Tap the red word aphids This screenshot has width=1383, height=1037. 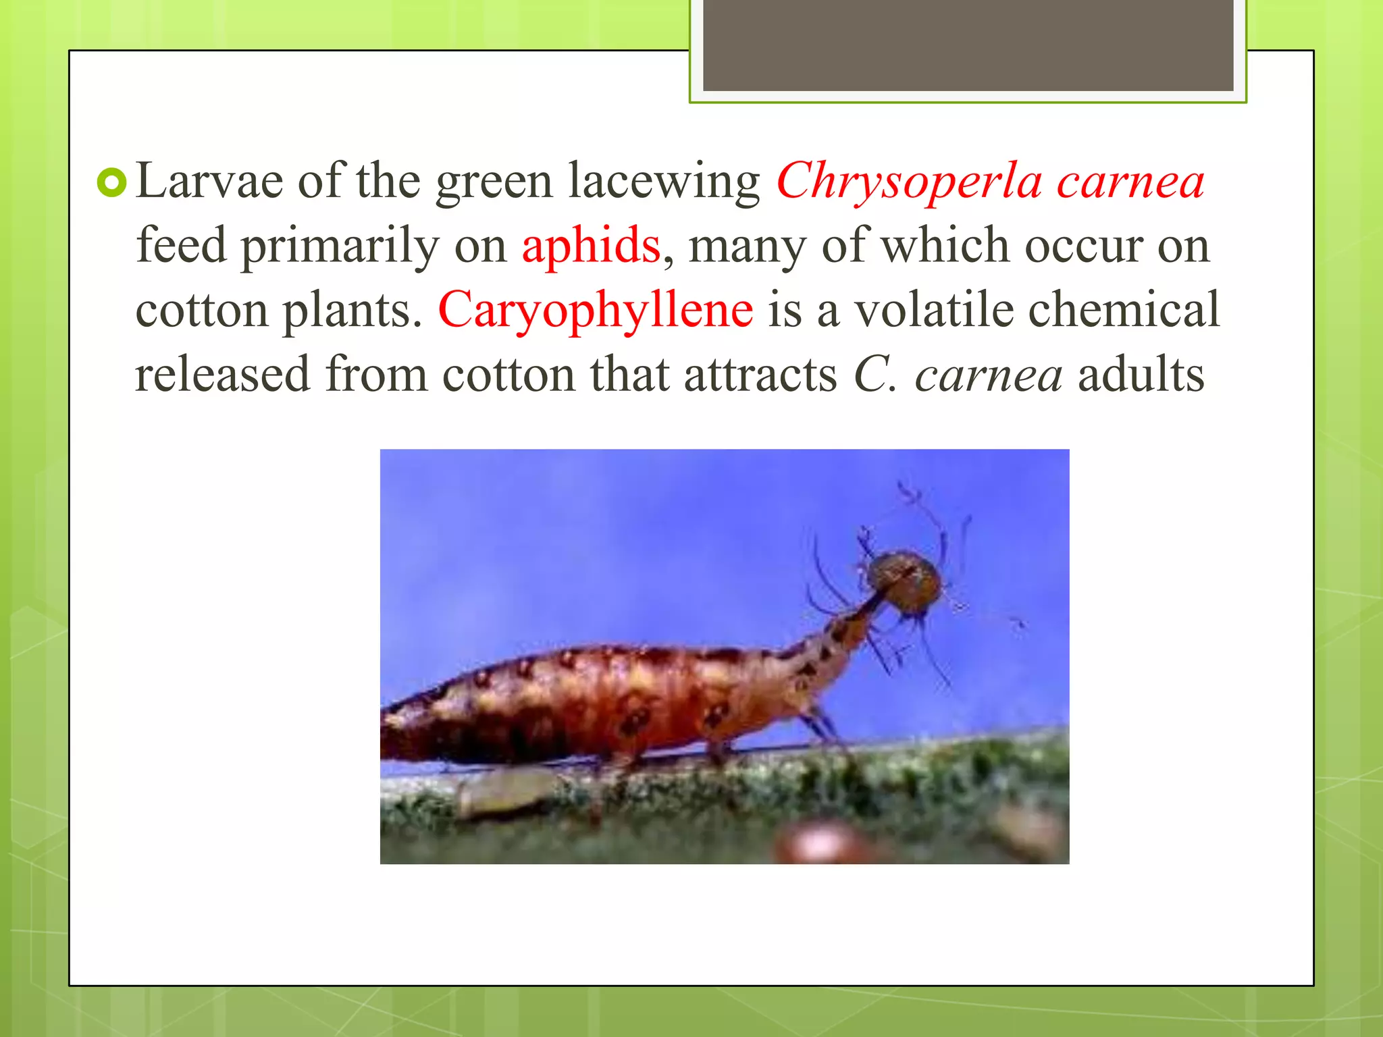tap(591, 246)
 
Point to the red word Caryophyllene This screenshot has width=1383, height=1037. tap(596, 311)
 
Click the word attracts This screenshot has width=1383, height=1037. tap(760, 374)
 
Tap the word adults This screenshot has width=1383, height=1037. tap(1141, 374)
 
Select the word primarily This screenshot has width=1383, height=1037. tap(340, 247)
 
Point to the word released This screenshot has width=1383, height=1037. tap(222, 374)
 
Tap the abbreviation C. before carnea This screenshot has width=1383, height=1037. tap(875, 374)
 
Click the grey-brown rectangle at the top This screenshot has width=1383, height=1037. tap(968, 45)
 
